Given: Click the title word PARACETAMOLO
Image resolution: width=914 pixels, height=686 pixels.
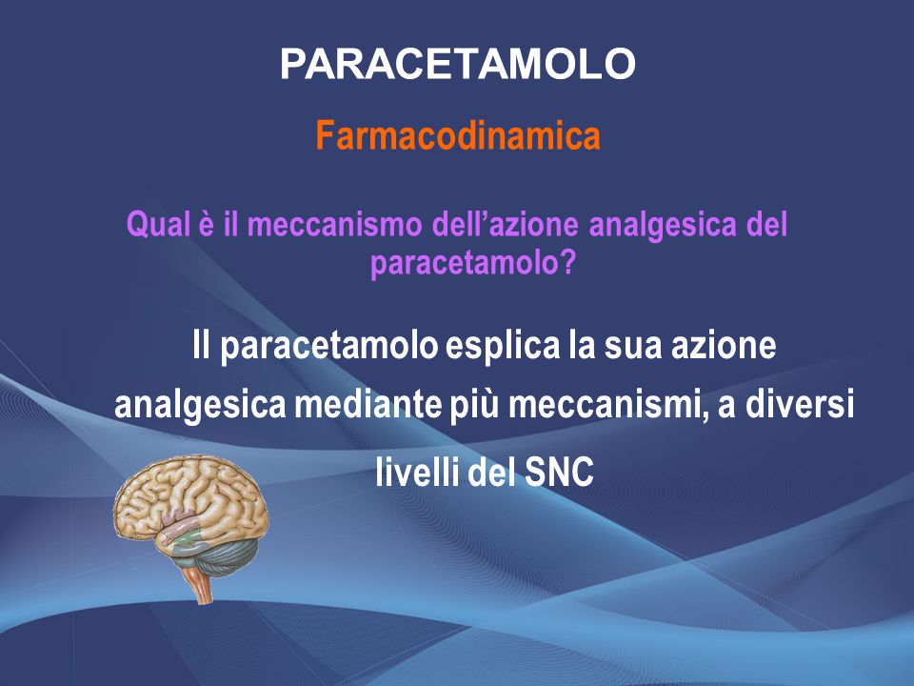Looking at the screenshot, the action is click(458, 64).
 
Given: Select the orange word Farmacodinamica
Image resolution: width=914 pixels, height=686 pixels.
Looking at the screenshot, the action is click(458, 135).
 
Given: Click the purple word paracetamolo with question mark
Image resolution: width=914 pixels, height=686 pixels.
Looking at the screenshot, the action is click(473, 264).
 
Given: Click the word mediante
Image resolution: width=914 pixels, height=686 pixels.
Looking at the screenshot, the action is click(368, 404).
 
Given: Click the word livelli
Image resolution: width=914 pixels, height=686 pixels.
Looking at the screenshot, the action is click(417, 472).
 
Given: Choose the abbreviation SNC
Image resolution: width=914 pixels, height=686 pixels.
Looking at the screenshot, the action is click(559, 472).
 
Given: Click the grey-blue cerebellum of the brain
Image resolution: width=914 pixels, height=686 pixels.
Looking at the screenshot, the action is click(228, 557).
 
